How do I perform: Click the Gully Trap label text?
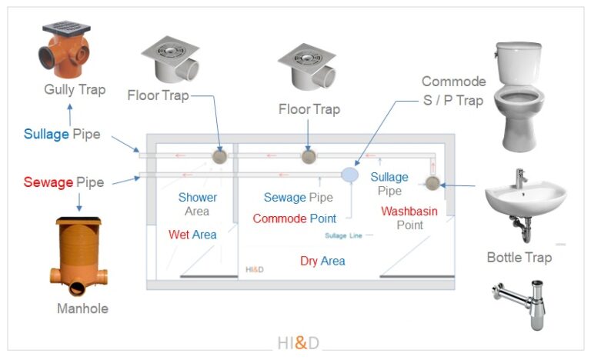point(75,90)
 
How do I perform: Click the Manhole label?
point(82,309)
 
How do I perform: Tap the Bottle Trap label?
point(519,257)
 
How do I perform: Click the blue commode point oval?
point(350,175)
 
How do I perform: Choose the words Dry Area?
point(322,262)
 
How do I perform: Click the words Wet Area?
point(192,235)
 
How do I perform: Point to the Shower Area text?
point(198,205)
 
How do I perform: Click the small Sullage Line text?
point(343,235)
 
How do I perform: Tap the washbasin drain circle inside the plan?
point(432,183)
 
